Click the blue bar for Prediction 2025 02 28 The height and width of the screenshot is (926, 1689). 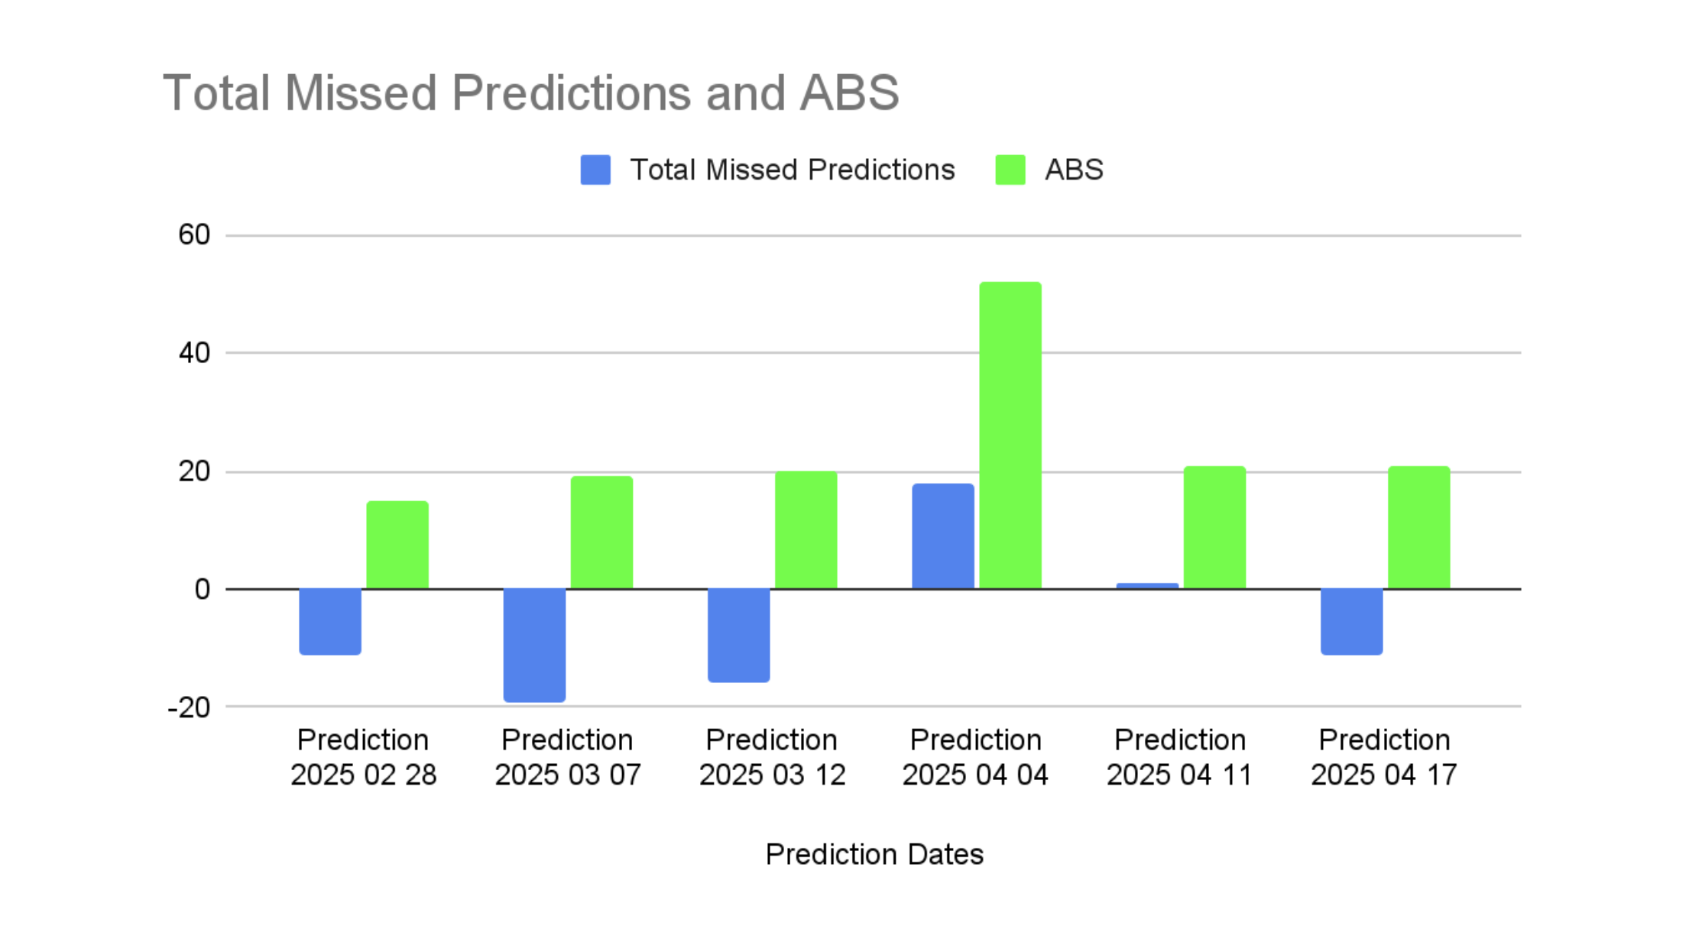click(x=330, y=622)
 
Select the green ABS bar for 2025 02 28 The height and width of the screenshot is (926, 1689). click(x=397, y=545)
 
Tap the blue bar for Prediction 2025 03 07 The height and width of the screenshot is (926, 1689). click(x=534, y=646)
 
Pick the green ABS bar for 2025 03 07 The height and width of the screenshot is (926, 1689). click(x=601, y=533)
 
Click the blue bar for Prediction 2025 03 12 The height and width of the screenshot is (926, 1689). click(x=739, y=636)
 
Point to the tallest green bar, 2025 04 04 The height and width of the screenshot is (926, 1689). click(x=1010, y=435)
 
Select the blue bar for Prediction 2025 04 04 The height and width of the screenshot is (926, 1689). click(x=943, y=536)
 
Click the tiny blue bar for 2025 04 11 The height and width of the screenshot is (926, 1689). click(x=1147, y=586)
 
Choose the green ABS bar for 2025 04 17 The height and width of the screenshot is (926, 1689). click(x=1418, y=527)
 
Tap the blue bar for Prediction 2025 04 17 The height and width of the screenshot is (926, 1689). click(x=1351, y=622)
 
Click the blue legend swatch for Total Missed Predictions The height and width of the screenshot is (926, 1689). click(x=595, y=170)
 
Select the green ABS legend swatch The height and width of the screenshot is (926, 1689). click(x=1010, y=170)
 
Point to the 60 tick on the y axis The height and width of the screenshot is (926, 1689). click(x=194, y=235)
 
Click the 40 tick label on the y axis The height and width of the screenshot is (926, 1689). click(x=194, y=353)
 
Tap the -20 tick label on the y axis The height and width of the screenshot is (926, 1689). click(x=189, y=707)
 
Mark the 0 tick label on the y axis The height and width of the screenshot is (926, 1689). click(x=203, y=589)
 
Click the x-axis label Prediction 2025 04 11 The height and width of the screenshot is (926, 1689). click(x=1180, y=757)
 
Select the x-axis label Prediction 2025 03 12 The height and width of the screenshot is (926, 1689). click(x=772, y=757)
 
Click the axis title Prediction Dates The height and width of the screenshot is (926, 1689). click(x=874, y=854)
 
